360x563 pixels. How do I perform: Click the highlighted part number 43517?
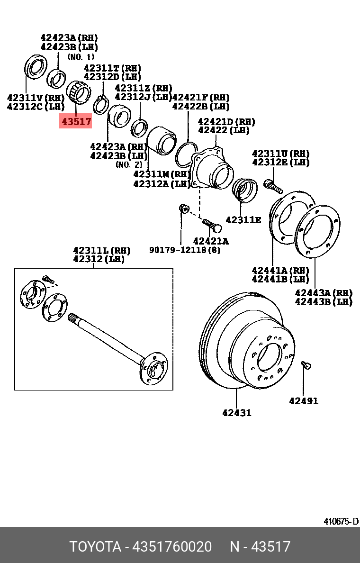coord(75,121)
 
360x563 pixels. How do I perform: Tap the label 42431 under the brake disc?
coord(237,413)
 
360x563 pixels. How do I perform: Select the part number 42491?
coord(304,401)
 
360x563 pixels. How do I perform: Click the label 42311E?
coord(243,220)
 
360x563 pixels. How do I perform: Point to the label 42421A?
coord(211,241)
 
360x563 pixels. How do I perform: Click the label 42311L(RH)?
coord(101,250)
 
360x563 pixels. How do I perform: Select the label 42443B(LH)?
coord(324,301)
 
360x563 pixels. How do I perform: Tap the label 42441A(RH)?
coord(280,270)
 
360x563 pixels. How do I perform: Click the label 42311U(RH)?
coord(281,154)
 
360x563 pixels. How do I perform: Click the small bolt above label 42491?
coord(306,365)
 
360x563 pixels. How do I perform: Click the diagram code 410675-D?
coord(341,522)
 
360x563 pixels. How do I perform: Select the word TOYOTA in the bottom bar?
coord(95,546)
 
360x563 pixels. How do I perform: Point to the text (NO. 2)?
coord(128,164)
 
